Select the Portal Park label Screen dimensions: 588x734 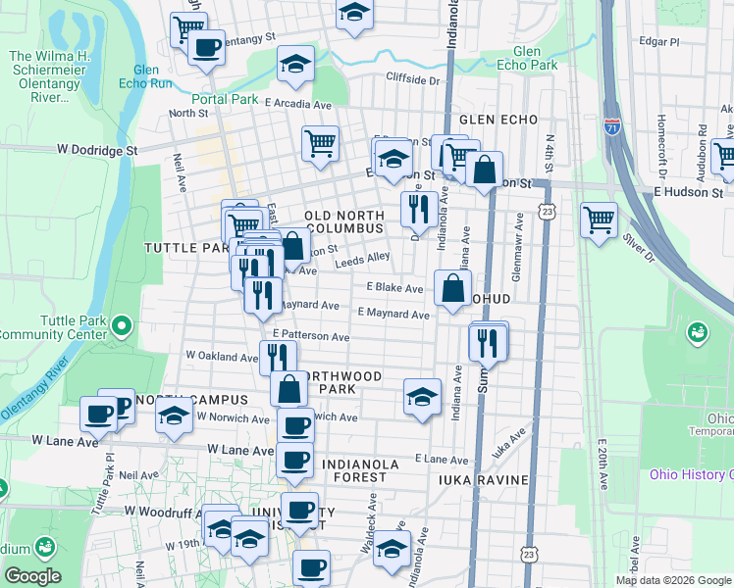tap(225, 99)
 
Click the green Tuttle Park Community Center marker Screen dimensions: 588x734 tap(122, 324)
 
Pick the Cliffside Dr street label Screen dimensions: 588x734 tap(412, 79)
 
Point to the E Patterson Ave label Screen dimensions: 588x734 tap(312, 336)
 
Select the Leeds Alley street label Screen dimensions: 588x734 tap(363, 260)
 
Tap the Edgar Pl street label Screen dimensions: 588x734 tap(658, 42)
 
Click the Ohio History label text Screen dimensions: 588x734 tap(691, 475)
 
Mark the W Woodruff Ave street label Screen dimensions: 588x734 tap(160, 512)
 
